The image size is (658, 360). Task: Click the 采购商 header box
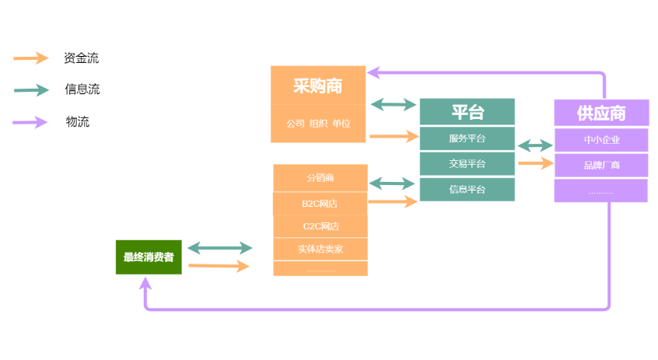pos(317,86)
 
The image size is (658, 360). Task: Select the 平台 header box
pos(467,112)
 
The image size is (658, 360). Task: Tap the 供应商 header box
pos(600,114)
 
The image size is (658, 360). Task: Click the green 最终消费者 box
pos(149,257)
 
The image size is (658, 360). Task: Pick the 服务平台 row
pos(467,138)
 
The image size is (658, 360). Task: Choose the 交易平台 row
pos(467,164)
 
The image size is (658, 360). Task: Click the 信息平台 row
pos(467,190)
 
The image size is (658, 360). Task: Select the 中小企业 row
pos(600,140)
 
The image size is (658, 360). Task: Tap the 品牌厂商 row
pos(600,165)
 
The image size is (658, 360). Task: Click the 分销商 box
pos(320,178)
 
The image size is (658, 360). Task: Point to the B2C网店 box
pos(320,204)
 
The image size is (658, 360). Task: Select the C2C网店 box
pos(320,226)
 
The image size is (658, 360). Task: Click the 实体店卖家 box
pos(320,249)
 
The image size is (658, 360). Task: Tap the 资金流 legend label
pos(81,58)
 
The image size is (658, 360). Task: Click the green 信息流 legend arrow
pos(31,90)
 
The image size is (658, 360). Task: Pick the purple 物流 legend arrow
pos(31,121)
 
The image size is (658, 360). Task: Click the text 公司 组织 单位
pos(317,123)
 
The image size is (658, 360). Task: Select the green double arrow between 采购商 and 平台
pos(393,104)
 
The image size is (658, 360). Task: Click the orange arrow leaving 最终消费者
pos(219,267)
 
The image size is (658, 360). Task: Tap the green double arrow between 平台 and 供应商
pos(534,145)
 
